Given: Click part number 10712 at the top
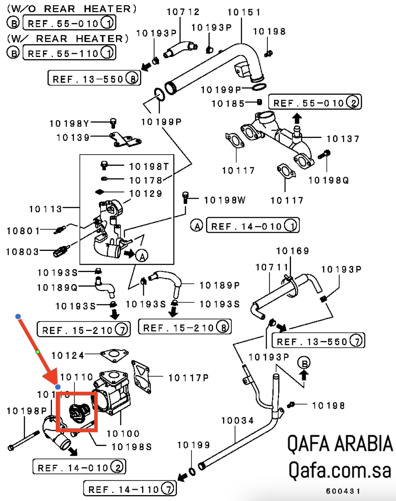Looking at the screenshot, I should tap(183, 12).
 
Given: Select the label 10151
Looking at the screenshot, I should tap(244, 13).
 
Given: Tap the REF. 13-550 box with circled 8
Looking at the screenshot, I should tap(94, 79).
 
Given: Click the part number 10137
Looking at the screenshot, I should tap(343, 139).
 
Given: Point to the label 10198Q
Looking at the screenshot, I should tap(328, 180).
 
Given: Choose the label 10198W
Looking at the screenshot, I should tap(225, 200).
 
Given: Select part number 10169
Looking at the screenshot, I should tap(292, 251).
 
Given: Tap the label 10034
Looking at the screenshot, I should tap(237, 421).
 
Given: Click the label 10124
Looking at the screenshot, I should tap(67, 356).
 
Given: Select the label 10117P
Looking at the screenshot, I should tap(188, 378).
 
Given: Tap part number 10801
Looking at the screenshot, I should tap(23, 231).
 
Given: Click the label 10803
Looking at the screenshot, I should tap(22, 252).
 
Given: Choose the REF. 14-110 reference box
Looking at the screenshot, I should tap(130, 489).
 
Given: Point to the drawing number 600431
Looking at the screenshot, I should tap(343, 491).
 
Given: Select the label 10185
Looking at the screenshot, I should tap(228, 103).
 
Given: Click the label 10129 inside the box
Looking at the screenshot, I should tap(146, 194).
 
